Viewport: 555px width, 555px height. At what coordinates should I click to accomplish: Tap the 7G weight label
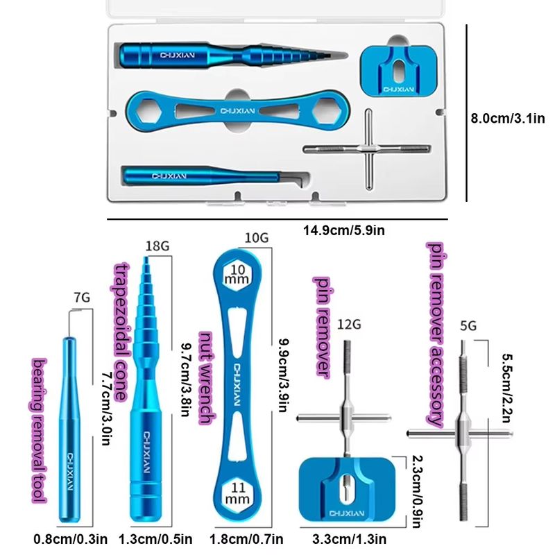point(82,298)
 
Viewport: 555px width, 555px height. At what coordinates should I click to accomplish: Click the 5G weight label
point(468,325)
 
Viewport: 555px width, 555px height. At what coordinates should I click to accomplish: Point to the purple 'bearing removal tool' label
point(40,431)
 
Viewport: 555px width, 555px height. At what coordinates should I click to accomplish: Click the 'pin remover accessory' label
point(436,333)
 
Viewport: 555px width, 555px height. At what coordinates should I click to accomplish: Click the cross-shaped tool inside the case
point(367,149)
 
